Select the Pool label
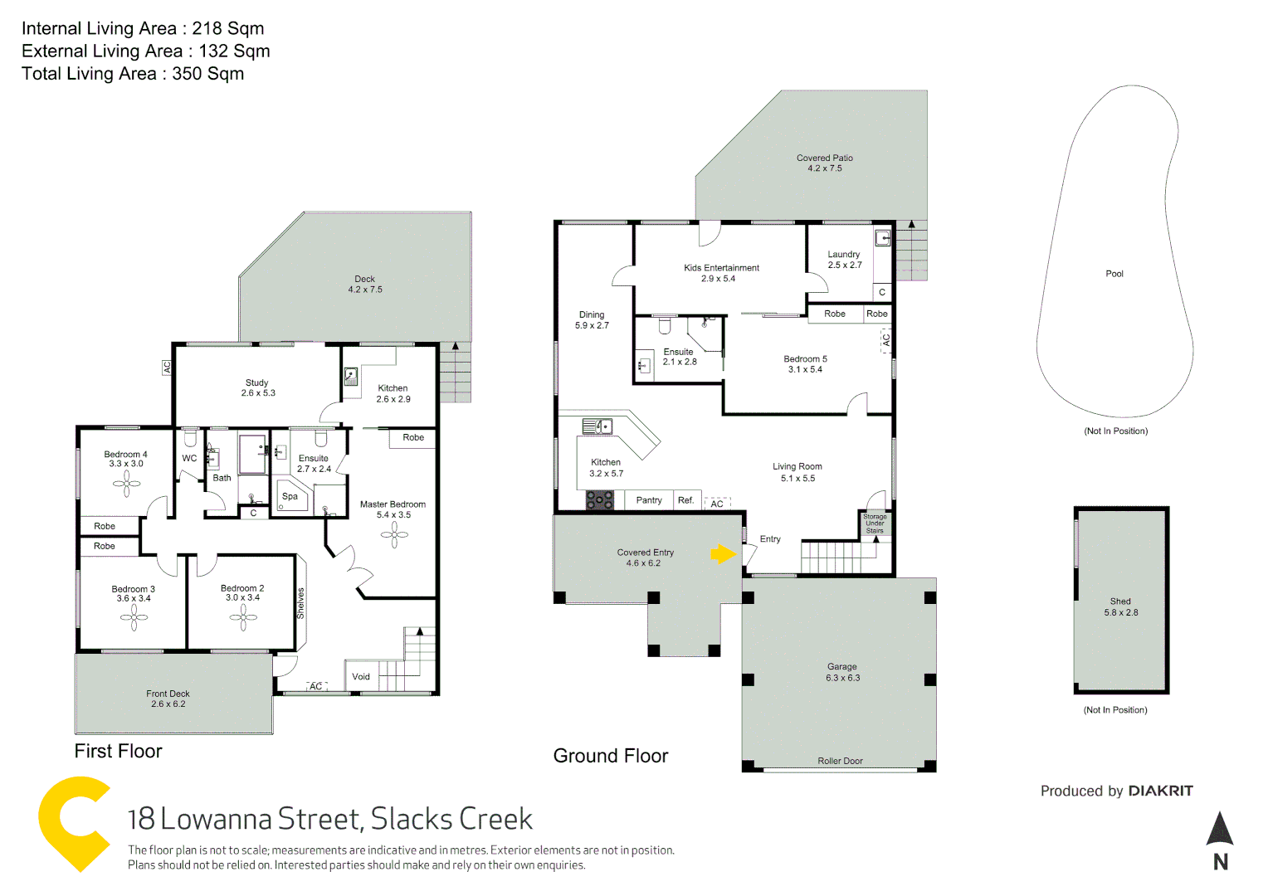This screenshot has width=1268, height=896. click(x=1114, y=274)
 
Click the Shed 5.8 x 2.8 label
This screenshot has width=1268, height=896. click(x=1120, y=607)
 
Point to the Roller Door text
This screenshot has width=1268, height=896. click(x=840, y=761)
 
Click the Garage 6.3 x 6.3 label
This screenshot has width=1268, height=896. click(x=842, y=672)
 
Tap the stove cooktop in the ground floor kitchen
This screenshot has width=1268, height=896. click(x=599, y=500)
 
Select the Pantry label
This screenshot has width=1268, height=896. click(x=649, y=500)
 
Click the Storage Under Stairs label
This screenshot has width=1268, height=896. click(x=875, y=523)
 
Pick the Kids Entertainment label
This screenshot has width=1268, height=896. click(x=721, y=273)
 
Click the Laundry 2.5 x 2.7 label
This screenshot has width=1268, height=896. click(x=844, y=260)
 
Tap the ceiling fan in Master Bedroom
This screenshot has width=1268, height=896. click(x=394, y=534)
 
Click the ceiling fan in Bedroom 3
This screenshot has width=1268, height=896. click(x=134, y=617)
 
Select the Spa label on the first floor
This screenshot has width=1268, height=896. click(x=290, y=496)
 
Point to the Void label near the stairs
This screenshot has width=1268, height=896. click(x=361, y=677)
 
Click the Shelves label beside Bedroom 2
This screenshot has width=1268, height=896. click(x=300, y=603)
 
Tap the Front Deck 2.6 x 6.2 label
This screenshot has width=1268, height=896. click(x=168, y=699)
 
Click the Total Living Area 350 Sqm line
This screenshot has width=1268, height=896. click(x=133, y=74)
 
